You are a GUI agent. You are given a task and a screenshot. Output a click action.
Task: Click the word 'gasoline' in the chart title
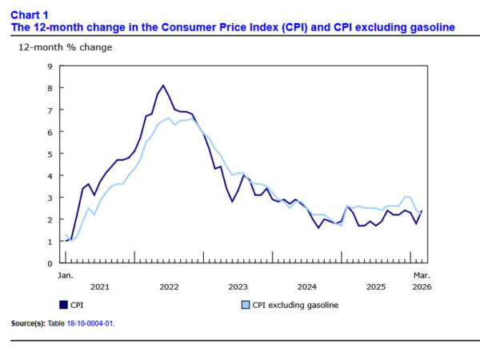pos(429,27)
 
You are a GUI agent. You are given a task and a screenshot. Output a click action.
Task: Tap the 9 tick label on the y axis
pos(50,66)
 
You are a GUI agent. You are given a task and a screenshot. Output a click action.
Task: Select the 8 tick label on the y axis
pos(50,88)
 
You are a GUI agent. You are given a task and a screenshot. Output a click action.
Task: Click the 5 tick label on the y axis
pos(50,154)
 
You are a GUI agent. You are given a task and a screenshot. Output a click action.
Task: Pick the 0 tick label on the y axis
pos(50,262)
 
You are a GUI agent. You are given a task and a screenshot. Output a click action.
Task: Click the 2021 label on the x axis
pos(100,286)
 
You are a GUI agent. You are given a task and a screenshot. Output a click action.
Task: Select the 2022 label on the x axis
pos(169,286)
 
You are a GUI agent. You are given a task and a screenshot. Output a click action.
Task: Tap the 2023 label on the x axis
pos(238,286)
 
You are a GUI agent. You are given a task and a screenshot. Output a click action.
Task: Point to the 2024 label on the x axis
pos(307,286)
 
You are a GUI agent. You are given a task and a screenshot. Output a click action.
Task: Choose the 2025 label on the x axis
pos(376,286)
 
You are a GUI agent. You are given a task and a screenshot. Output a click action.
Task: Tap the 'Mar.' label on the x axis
pos(421,275)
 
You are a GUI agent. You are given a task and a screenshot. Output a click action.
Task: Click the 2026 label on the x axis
pos(421,286)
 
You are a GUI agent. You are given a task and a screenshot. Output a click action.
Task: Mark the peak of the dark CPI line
pos(163,86)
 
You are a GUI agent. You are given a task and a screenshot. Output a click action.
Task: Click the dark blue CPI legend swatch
pos(64,304)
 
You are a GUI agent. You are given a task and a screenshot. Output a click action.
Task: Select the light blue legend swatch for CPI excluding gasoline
pos(246,304)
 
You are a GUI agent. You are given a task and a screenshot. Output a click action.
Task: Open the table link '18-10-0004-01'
pos(101,324)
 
